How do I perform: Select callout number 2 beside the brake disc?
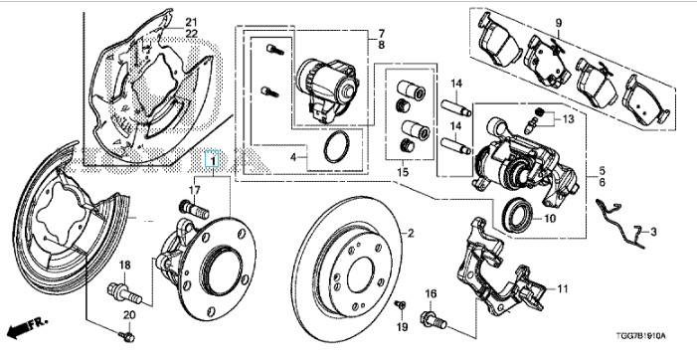click(x=411, y=233)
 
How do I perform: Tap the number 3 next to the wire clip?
click(x=653, y=231)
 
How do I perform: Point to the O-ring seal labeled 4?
click(x=336, y=147)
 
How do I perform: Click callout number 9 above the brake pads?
click(x=559, y=23)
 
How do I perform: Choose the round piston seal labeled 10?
click(x=517, y=215)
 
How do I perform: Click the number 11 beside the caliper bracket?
click(x=563, y=289)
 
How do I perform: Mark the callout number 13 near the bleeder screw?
click(x=568, y=119)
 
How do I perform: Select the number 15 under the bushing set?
click(x=403, y=172)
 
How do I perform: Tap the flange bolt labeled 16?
click(x=433, y=319)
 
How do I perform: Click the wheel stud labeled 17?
click(x=194, y=209)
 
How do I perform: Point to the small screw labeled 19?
click(x=400, y=305)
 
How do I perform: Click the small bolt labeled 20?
click(x=127, y=336)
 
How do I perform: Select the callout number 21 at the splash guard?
click(x=191, y=22)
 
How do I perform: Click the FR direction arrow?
click(x=27, y=327)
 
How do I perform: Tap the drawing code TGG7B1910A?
click(x=641, y=336)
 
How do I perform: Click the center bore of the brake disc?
click(x=361, y=274)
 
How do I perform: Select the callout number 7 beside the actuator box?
click(x=382, y=33)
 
